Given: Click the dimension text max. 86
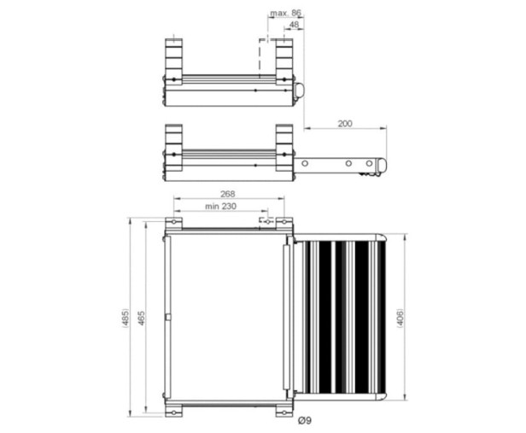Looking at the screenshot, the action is [x=285, y=13].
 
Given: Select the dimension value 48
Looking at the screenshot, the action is [x=294, y=25].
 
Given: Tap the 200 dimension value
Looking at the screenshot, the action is [x=345, y=124].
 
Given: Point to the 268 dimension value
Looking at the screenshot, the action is [x=228, y=194].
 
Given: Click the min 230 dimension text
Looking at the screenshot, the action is [x=220, y=207].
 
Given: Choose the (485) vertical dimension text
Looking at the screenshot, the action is [x=125, y=318].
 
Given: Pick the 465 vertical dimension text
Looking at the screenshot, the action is [x=142, y=318].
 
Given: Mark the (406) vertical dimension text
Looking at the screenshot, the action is [x=400, y=318].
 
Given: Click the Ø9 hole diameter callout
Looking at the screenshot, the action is [x=305, y=420].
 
